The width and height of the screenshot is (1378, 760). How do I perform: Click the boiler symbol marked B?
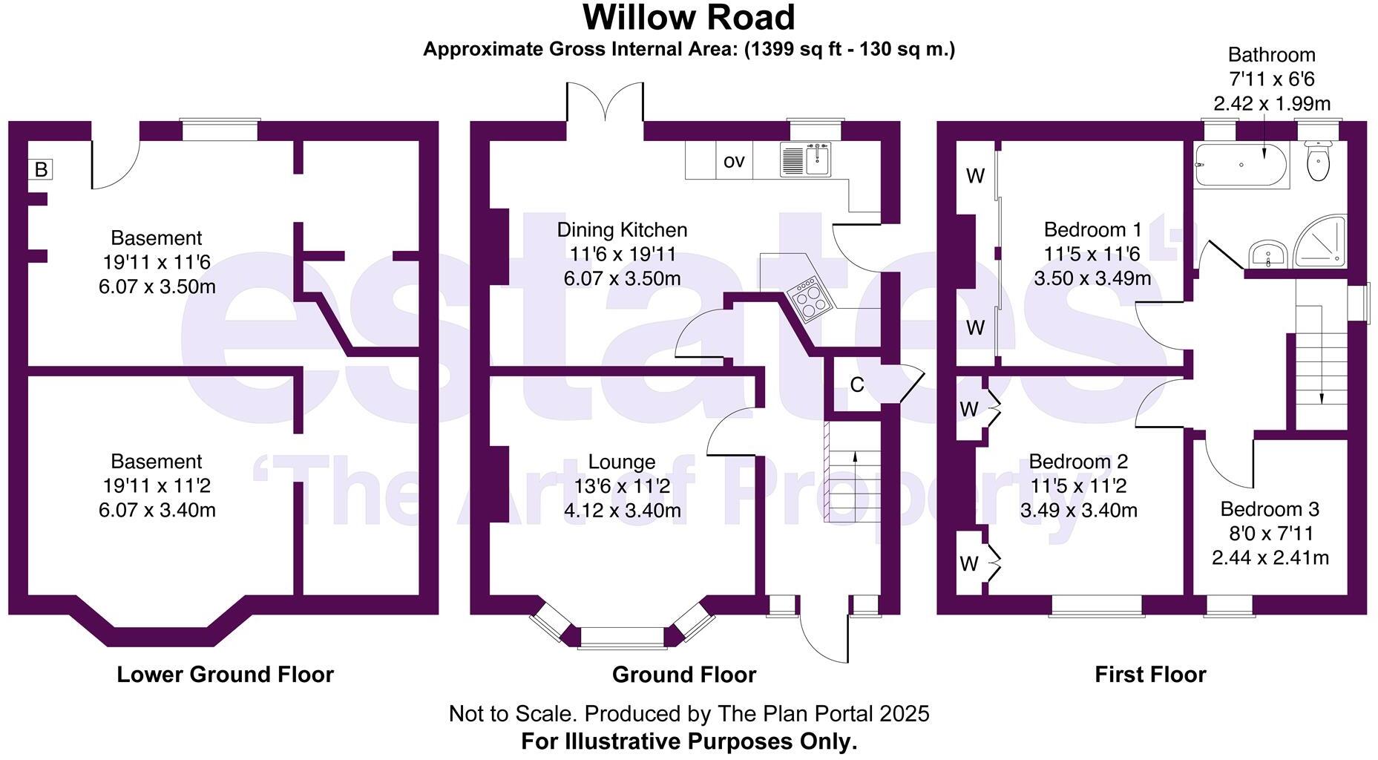click(x=41, y=169)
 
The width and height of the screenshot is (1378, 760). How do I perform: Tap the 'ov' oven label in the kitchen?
click(x=733, y=161)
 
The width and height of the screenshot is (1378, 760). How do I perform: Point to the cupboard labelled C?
click(x=856, y=384)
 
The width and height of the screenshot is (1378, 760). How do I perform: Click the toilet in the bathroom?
click(x=1318, y=162)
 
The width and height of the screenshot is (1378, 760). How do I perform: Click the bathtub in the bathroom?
click(x=1241, y=165)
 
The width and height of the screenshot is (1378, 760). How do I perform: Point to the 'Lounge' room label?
click(x=621, y=462)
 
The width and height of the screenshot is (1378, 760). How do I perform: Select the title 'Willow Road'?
click(x=689, y=18)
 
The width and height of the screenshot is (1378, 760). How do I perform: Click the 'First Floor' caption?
click(x=1150, y=674)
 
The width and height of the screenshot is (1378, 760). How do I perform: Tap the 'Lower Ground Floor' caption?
click(x=225, y=674)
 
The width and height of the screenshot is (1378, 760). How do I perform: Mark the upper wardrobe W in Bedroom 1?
click(x=975, y=176)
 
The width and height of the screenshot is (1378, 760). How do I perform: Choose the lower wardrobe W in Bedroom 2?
click(x=968, y=564)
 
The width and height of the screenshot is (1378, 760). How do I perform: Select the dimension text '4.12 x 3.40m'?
click(x=622, y=511)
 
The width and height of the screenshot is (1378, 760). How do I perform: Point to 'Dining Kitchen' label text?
click(x=622, y=230)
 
